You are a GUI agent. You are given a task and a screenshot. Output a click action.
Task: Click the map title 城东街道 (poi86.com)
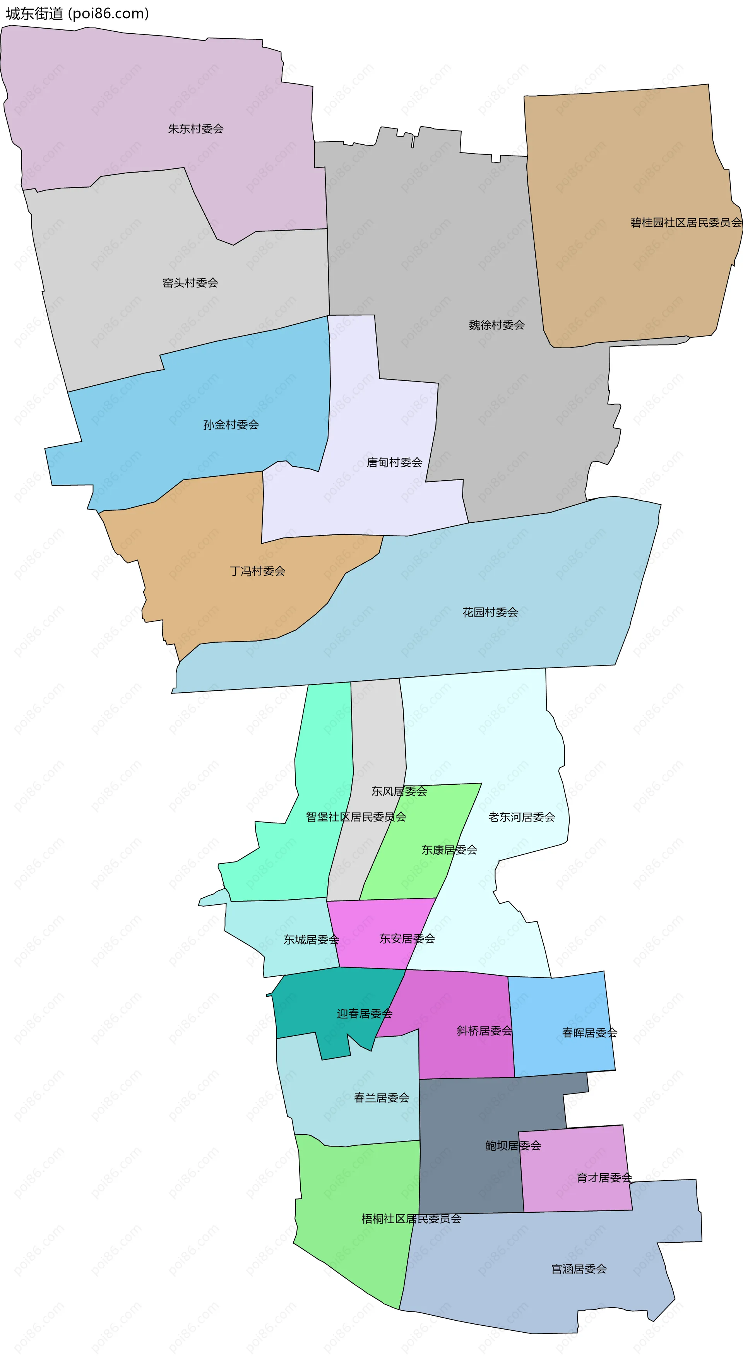tap(77, 13)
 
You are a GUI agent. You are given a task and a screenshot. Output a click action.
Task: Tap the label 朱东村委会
tap(196, 129)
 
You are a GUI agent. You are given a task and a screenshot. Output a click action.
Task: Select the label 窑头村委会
tap(190, 283)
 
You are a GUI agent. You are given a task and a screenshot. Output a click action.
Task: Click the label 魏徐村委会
tap(496, 325)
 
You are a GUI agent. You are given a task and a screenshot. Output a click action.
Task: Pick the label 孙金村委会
tap(231, 425)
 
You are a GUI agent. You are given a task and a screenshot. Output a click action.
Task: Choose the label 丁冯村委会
tap(257, 571)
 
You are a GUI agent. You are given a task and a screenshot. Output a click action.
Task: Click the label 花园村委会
tap(490, 612)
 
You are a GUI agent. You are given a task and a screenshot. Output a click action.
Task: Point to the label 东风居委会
tap(399, 791)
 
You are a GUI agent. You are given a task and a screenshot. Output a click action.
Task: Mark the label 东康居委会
tap(449, 850)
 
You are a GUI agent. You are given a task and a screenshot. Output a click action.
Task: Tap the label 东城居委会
tap(312, 940)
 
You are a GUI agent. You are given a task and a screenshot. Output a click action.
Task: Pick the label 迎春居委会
tap(365, 1013)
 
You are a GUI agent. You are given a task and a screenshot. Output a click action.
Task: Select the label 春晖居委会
tap(589, 1032)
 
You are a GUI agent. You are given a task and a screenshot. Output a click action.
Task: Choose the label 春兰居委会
tap(382, 1098)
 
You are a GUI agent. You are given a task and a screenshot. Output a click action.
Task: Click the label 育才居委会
tap(604, 1178)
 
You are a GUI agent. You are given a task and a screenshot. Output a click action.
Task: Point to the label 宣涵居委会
tap(579, 1269)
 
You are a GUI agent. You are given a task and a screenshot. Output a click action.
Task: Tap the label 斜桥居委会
tap(484, 1030)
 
